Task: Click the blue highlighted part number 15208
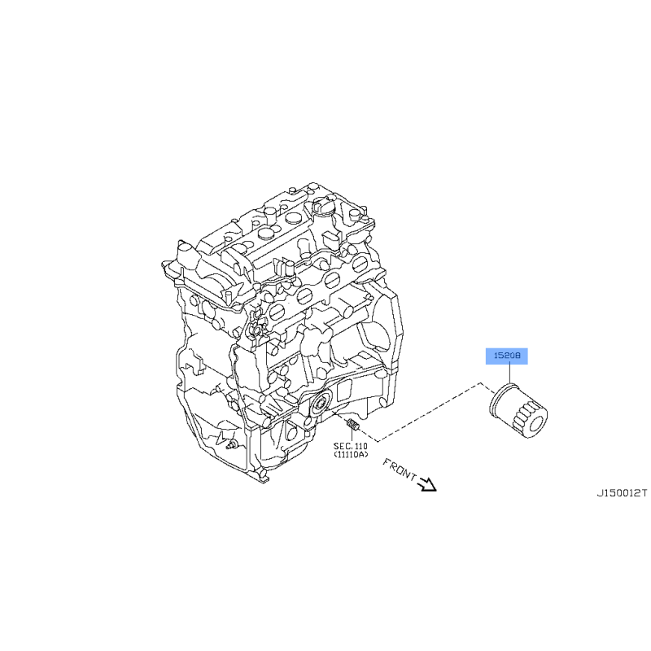(506, 356)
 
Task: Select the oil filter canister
(518, 411)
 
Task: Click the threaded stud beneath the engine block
(352, 425)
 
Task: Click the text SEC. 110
(351, 446)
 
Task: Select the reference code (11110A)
(351, 455)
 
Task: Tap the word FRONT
(400, 470)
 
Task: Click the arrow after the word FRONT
(428, 484)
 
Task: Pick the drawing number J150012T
(622, 493)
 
